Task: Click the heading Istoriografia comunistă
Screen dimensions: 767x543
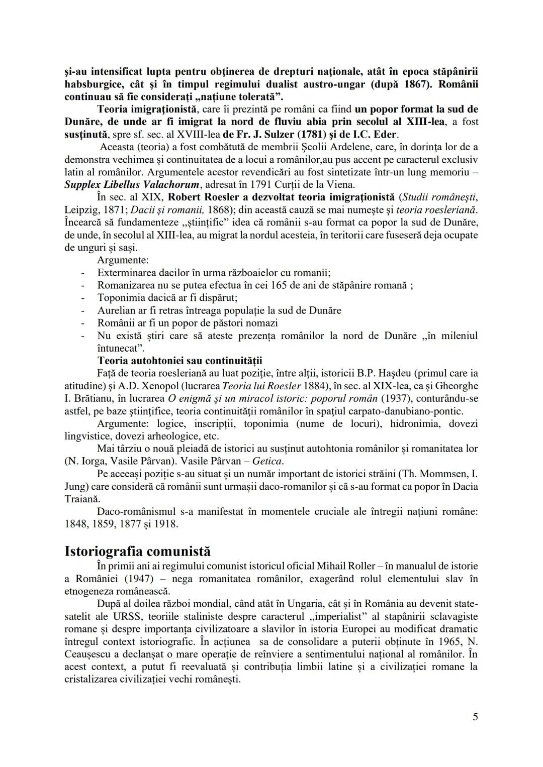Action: coord(138,551)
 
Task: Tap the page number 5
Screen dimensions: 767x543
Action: coord(475,717)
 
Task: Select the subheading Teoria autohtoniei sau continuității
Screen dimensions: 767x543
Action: coord(179,361)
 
